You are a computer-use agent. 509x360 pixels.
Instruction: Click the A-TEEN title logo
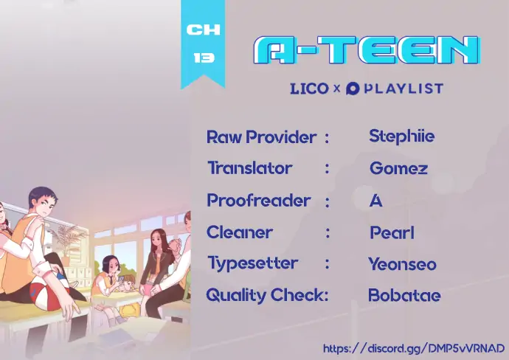[367, 49]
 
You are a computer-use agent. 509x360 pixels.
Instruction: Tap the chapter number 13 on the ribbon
[204, 58]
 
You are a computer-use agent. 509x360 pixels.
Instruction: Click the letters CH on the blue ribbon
[203, 30]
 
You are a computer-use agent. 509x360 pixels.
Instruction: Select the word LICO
[309, 89]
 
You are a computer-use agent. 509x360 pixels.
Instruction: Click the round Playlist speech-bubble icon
[353, 89]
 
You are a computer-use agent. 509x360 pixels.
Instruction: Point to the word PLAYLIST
[404, 89]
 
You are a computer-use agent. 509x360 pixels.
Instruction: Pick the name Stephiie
[401, 136]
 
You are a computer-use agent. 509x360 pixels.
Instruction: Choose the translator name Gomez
[398, 168]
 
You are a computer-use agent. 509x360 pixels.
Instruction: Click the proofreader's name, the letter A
[376, 201]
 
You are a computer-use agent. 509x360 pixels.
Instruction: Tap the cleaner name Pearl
[392, 232]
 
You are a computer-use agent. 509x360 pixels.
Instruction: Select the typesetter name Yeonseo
[403, 264]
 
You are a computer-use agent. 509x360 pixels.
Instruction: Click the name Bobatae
[404, 295]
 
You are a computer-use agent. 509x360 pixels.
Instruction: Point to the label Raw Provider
[262, 137]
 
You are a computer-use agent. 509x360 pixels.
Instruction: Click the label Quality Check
[267, 295]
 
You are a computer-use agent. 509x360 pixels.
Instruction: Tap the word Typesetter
[252, 263]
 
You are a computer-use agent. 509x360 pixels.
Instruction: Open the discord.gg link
[414, 348]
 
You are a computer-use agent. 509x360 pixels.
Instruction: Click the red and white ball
[49, 296]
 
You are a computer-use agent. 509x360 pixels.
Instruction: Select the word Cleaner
[240, 232]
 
